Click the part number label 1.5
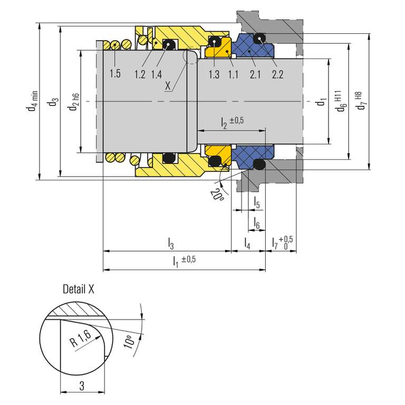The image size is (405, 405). coord(115,74)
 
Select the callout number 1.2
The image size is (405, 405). coord(140,74)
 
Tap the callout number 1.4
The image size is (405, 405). coord(157,74)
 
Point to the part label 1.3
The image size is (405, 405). coord(214,74)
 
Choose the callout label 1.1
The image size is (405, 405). coord(233,74)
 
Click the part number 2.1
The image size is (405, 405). coord(255,74)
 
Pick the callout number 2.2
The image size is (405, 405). coord(278,74)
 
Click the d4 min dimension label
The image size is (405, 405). coord(33,101)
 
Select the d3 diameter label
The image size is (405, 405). coord(53,102)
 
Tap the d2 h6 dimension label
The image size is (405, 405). coord(74,102)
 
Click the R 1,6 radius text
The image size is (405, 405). coord(81,339)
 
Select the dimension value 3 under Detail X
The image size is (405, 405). coord(82,386)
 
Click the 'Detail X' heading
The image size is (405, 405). coord(79,289)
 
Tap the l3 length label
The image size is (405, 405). coord(171,244)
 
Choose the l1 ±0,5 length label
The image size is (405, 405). coord(184,261)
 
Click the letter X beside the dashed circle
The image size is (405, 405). coord(168,86)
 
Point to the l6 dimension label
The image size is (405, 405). coord(256,223)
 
